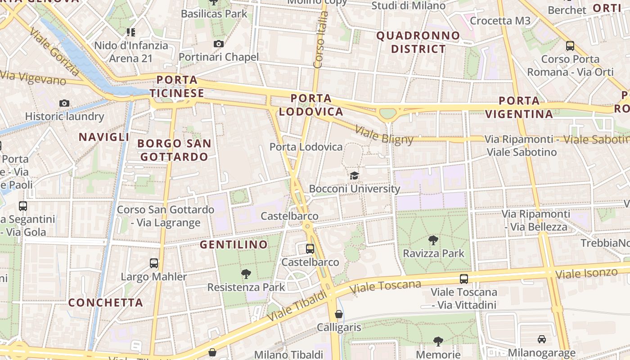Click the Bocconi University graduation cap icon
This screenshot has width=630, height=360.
355,175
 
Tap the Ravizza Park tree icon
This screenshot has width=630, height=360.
433,240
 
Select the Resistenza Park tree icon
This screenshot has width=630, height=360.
246,274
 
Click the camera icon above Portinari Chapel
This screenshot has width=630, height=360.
219,44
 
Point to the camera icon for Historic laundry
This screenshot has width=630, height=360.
64,103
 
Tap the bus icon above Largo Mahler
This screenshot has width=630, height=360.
154,263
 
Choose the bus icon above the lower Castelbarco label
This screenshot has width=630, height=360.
310,248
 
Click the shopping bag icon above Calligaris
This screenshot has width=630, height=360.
339,314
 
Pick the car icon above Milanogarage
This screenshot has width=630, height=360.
542,339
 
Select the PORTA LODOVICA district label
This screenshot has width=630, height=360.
311,105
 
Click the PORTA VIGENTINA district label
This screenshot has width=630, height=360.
519,107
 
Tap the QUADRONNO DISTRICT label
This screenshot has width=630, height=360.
418,42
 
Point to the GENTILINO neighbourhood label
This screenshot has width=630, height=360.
234,245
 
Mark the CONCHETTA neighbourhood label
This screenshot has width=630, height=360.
106,302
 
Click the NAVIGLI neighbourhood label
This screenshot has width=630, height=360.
104,137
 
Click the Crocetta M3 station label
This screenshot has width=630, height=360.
500,21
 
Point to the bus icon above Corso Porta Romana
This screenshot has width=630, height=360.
570,45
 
